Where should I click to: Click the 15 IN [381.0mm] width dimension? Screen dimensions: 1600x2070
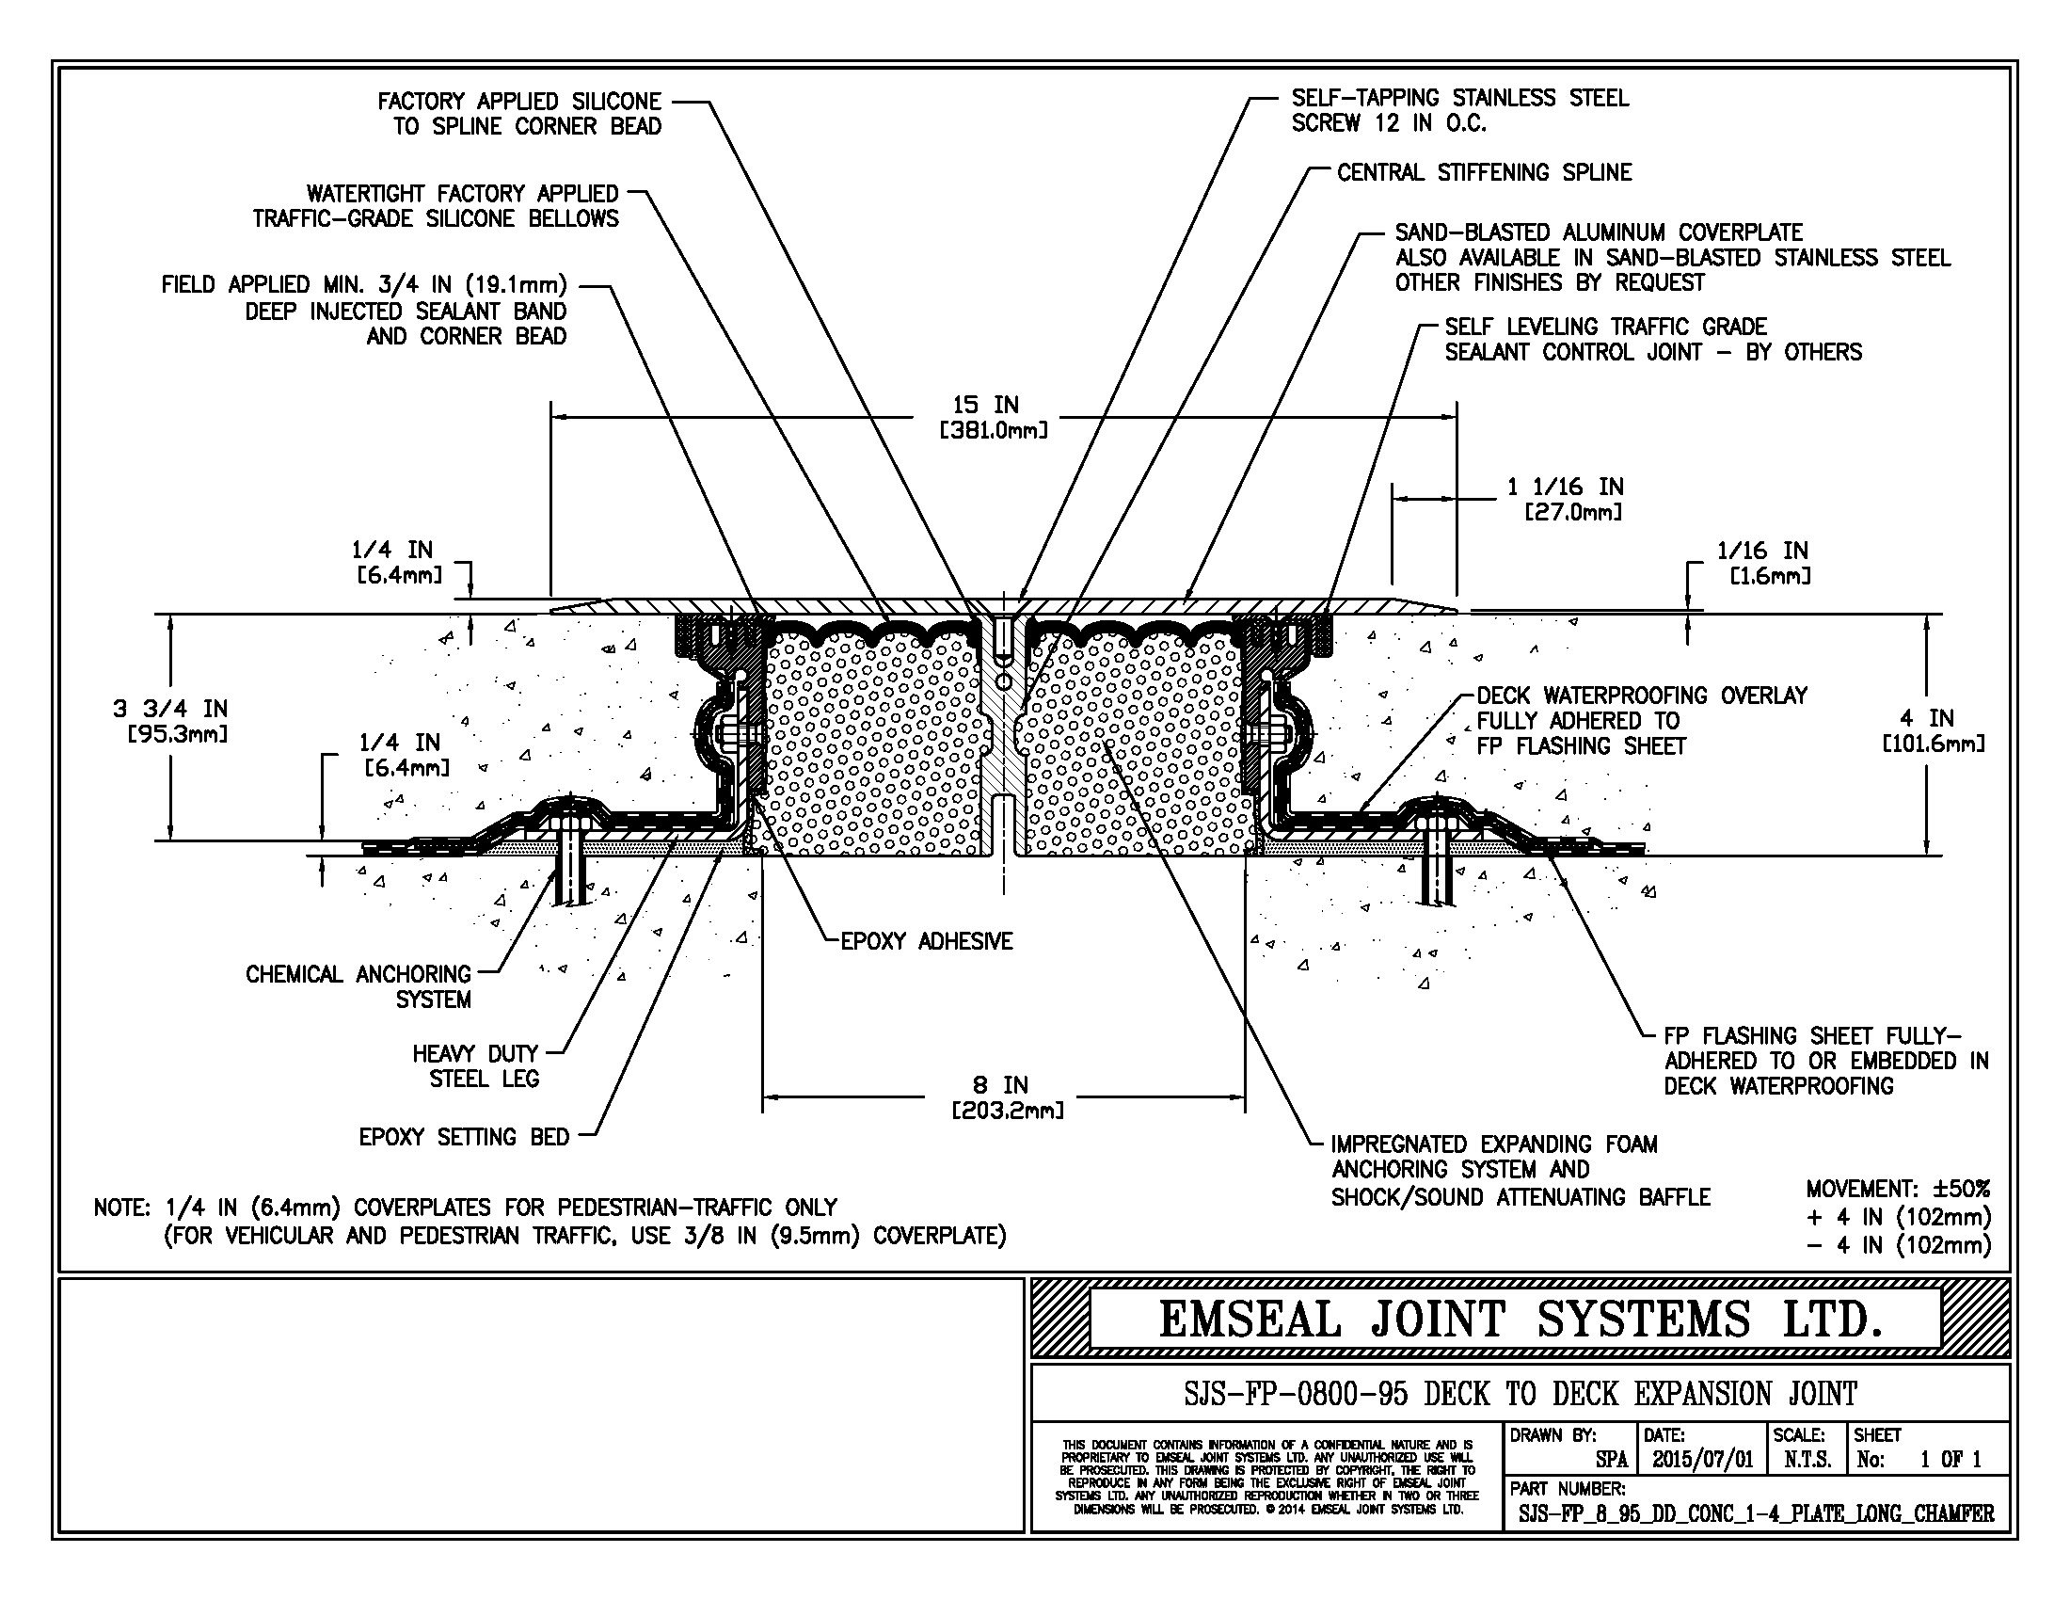993,417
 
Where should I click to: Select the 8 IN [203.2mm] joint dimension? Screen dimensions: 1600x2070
1006,1096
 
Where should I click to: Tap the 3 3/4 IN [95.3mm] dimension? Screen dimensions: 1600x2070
170,720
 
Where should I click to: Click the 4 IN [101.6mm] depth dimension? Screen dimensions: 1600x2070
1933,729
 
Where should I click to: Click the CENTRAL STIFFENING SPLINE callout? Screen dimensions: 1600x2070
1483,172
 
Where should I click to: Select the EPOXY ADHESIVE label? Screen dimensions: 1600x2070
926,941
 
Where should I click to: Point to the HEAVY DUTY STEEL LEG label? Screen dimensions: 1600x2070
476,1065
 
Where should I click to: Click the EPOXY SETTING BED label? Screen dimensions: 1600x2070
464,1137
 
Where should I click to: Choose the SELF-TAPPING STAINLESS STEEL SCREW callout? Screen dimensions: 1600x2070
1459,110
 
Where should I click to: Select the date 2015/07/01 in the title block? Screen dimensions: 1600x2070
1702,1460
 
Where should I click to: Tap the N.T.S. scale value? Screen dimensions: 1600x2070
1807,1460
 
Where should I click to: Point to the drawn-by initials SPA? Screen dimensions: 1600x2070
1611,1460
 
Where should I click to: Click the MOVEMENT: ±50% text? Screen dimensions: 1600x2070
1898,1189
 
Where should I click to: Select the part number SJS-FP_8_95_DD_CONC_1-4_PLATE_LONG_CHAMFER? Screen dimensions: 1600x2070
1756,1513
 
